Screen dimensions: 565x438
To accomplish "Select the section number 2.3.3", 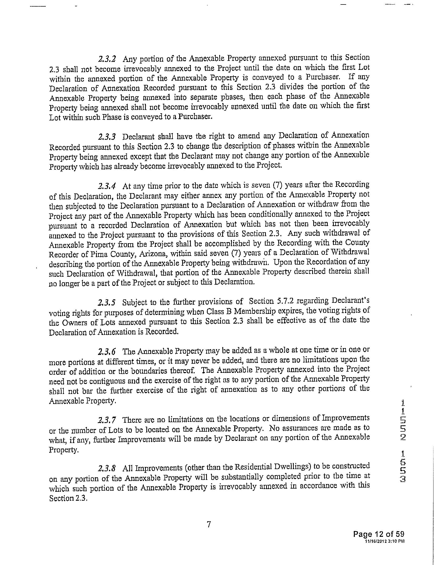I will point(107,137).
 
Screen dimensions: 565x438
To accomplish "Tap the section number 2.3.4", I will point(107,186).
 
